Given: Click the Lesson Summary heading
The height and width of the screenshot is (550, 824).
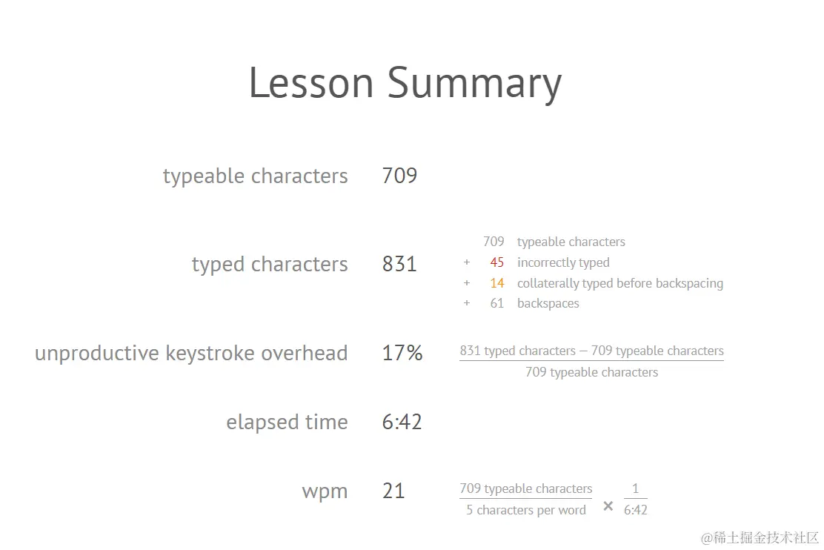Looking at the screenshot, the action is point(405,83).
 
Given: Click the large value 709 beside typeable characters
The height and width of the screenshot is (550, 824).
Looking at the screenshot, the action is point(399,176).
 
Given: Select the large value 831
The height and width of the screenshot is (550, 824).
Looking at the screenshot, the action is point(399,264).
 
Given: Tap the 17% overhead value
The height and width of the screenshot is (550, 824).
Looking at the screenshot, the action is point(402,353).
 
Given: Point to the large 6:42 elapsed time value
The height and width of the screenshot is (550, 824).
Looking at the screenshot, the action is point(402,422).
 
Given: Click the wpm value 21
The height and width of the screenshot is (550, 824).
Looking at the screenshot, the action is point(393,491).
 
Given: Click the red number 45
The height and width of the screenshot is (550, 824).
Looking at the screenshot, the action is point(497,262).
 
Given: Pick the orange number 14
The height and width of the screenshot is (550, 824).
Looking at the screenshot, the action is point(497,283).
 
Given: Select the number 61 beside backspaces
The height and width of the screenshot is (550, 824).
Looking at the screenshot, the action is point(497,303).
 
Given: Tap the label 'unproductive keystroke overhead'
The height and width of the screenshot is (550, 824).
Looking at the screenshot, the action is point(191,353).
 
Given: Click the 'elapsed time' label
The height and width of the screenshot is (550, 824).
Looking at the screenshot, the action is point(287,422).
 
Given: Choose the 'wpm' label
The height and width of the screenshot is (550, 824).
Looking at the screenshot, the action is point(325,491).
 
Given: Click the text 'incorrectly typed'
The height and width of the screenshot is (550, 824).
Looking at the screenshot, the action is point(563,262).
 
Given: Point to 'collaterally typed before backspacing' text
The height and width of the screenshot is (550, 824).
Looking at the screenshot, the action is point(620,283).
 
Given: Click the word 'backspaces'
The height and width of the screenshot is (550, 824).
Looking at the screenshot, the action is point(548,303).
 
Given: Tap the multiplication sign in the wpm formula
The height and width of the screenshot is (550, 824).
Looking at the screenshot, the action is point(608,506).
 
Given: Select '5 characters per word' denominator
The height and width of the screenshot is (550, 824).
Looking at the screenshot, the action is point(526,510).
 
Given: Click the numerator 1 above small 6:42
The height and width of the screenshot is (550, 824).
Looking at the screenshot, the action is point(635,488).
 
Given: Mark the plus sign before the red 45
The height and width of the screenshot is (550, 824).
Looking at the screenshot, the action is point(467,262).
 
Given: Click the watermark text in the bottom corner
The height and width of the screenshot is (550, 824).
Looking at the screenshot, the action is point(760,537).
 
